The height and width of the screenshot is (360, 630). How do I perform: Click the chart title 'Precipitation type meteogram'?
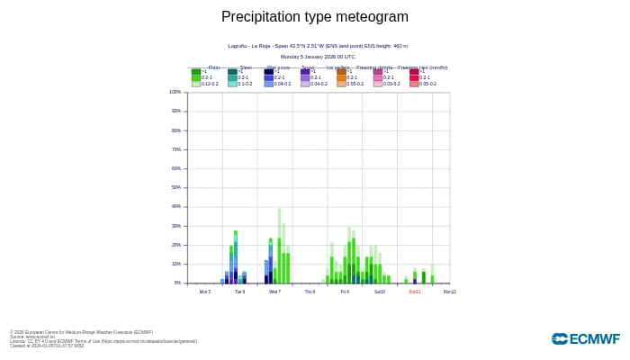point(315,17)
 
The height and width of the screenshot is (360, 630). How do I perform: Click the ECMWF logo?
point(586,338)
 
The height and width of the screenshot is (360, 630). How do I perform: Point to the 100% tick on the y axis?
point(175,92)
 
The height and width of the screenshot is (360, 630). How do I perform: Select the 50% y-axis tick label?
point(175,187)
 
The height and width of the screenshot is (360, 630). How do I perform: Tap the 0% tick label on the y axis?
point(176,283)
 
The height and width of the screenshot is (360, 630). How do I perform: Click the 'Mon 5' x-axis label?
point(205,292)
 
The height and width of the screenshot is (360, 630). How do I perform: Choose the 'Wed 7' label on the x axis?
point(274,292)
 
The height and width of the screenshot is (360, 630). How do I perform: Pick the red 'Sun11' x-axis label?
point(415,292)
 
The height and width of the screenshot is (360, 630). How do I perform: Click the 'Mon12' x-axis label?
point(450,292)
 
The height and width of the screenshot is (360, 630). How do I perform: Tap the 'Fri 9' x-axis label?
point(345,292)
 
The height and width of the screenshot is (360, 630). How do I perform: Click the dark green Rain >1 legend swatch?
point(195,71)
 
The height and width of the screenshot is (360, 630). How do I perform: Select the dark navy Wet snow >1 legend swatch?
point(269,71)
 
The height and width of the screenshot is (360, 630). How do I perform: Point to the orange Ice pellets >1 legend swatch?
point(341,71)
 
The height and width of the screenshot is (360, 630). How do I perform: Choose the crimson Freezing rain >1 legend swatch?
point(414,71)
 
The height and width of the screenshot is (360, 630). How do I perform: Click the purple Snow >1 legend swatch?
point(305,71)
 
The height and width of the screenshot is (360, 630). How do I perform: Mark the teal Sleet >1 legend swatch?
point(232,71)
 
